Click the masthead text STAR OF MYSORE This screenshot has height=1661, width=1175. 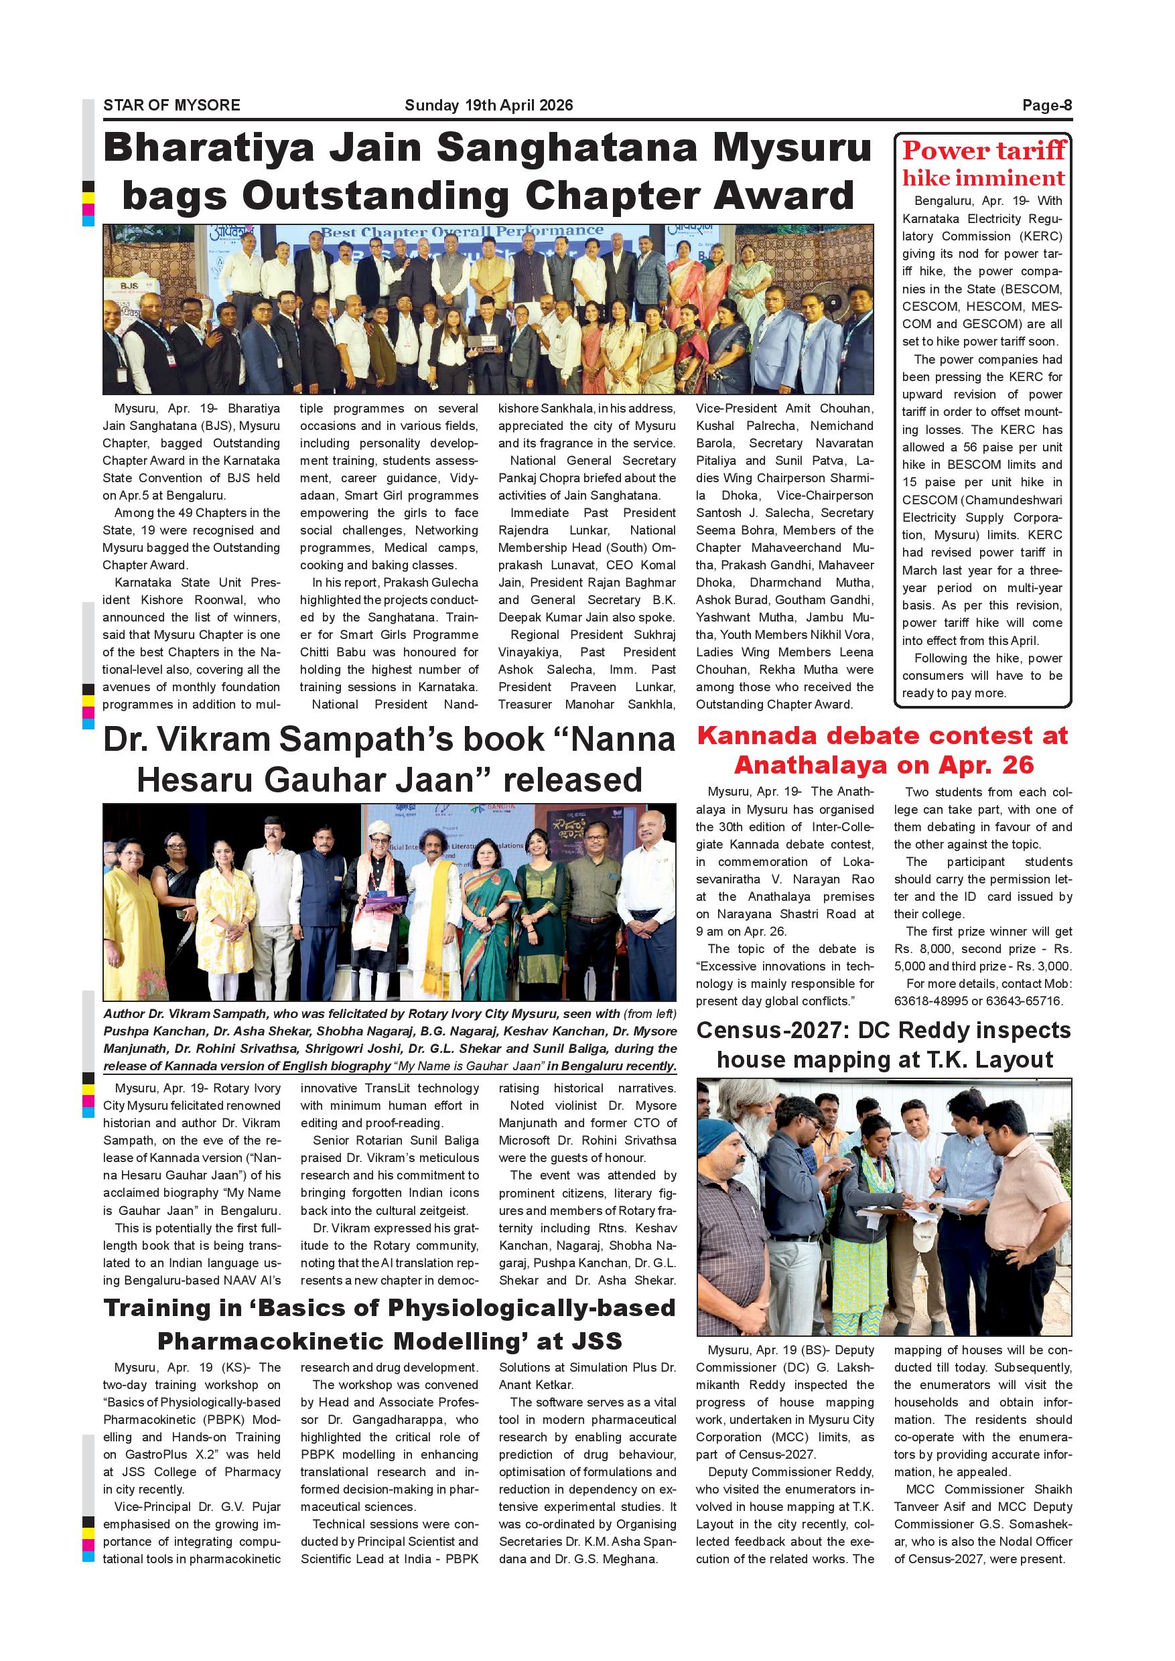(x=171, y=106)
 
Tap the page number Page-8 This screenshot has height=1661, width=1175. (x=1046, y=106)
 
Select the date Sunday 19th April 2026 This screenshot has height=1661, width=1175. (x=488, y=106)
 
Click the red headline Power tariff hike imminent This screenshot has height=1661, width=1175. (x=983, y=164)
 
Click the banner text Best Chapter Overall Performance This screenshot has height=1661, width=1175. (x=462, y=232)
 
